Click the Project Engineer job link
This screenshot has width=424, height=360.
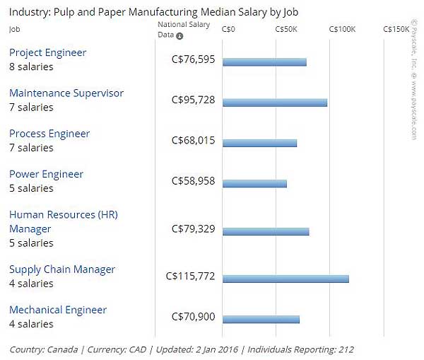click(x=47, y=52)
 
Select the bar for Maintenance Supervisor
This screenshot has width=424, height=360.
click(x=275, y=103)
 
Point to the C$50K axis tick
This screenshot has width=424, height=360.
click(x=285, y=29)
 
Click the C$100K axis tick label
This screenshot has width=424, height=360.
click(x=342, y=29)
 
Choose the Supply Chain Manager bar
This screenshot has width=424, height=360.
click(x=285, y=279)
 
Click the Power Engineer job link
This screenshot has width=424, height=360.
click(x=46, y=174)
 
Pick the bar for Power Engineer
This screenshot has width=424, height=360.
click(x=254, y=184)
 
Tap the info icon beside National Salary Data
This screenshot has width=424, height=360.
click(x=179, y=36)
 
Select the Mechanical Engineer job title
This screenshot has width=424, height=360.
click(x=58, y=310)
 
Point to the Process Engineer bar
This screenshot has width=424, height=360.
click(x=259, y=144)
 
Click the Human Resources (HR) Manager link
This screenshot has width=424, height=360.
click(x=63, y=221)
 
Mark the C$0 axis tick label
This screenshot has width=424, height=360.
click(x=228, y=29)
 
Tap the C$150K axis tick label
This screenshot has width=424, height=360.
click(x=395, y=29)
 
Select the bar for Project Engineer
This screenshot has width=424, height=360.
click(x=264, y=62)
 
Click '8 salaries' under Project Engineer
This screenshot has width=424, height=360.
click(x=31, y=66)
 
